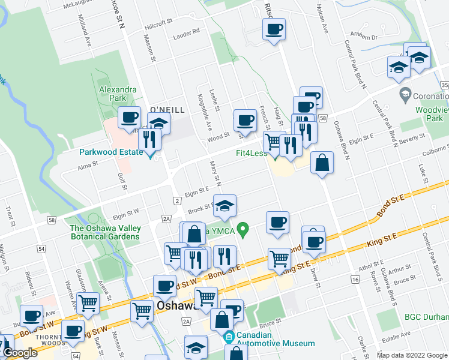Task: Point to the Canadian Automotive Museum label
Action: [276, 339]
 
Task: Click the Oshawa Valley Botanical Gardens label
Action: [105, 232]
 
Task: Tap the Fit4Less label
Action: [252, 153]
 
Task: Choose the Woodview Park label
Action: [432, 115]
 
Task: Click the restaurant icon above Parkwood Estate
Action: [149, 140]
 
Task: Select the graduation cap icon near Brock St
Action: [225, 205]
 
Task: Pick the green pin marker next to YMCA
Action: [243, 229]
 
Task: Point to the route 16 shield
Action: [356, 280]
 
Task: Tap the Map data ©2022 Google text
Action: [411, 355]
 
